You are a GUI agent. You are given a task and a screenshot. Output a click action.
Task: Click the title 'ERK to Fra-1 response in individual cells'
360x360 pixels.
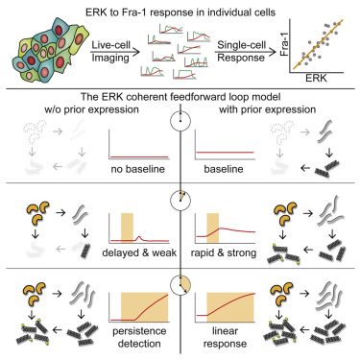click(180, 10)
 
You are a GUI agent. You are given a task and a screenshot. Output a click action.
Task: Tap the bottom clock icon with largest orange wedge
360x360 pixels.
click(179, 285)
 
